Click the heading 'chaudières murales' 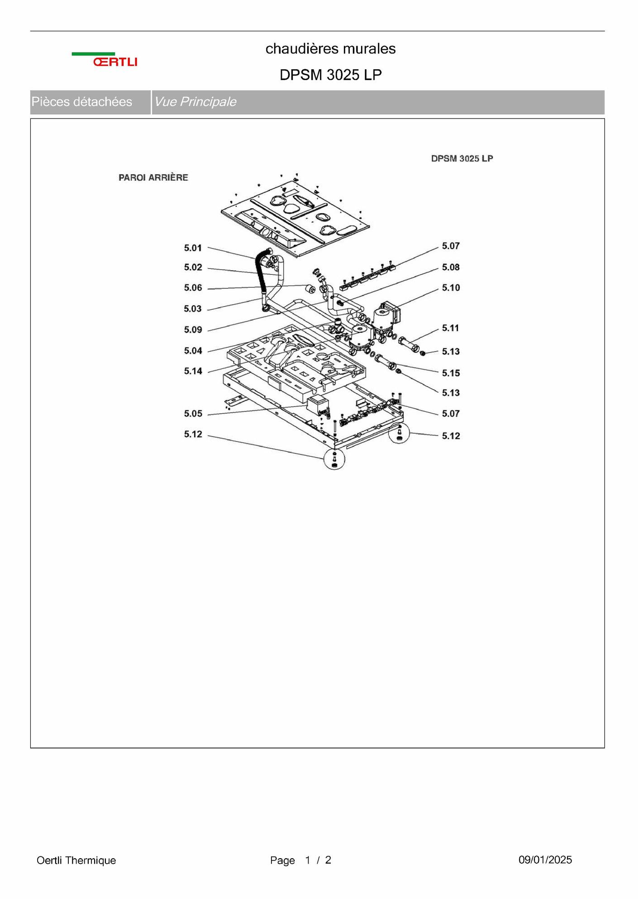coord(330,48)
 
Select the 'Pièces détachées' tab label coord(82,101)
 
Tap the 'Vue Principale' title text coord(195,101)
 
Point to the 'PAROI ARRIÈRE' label coord(153,177)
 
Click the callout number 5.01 coord(193,248)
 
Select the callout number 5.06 coord(193,288)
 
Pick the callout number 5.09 coord(193,330)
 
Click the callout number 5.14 coord(193,371)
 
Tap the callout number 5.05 coord(193,414)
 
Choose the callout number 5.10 coord(451,288)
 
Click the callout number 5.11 coord(451,328)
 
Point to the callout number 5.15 coord(451,373)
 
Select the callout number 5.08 coord(451,268)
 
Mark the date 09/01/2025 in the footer coord(545,860)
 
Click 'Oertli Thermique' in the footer coord(76,860)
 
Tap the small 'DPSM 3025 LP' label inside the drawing coord(462,158)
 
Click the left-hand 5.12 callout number coord(193,435)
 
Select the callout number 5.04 coord(193,351)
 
